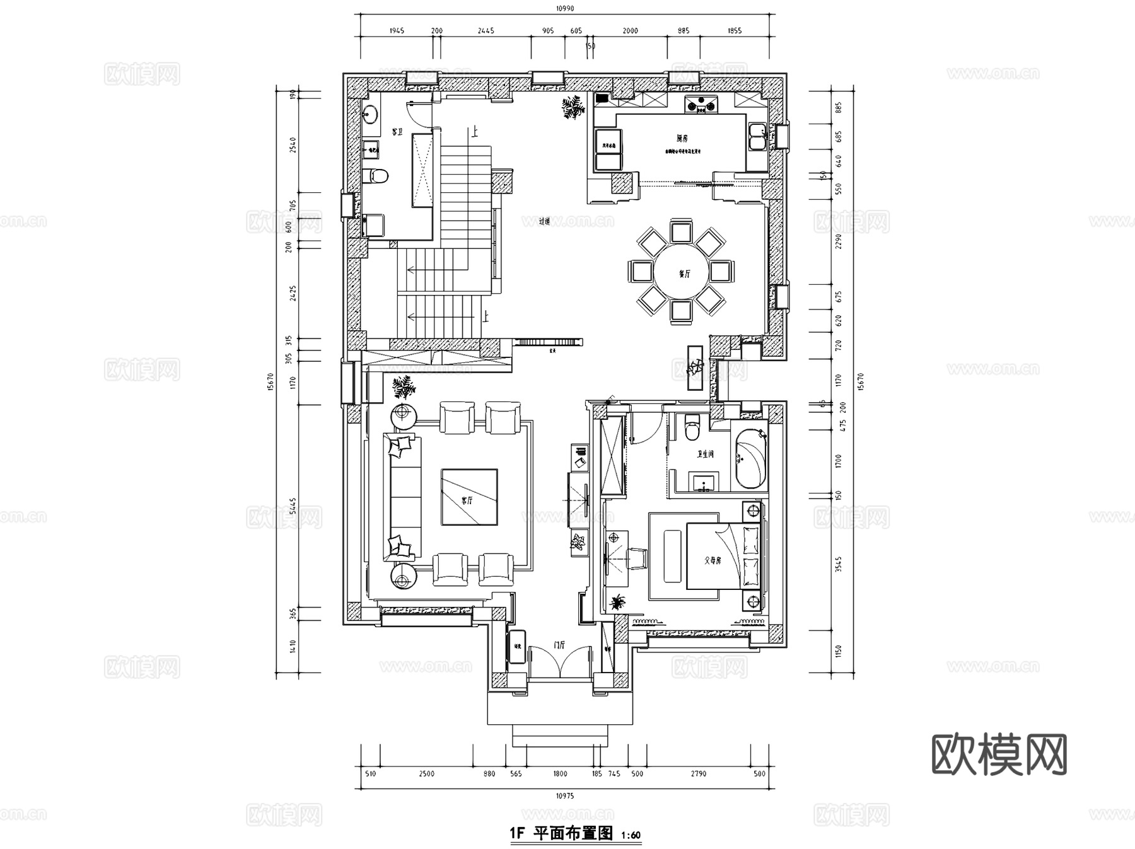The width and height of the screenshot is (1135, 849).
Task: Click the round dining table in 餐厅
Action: tap(682, 273)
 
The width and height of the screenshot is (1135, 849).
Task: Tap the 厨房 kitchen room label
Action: tap(682, 138)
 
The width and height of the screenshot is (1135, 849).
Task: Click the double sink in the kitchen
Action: tap(757, 137)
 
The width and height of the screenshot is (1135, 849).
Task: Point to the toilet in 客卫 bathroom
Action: tap(377, 175)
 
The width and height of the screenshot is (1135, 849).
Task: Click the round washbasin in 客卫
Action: tap(370, 114)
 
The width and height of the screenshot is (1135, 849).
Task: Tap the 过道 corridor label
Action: tap(545, 221)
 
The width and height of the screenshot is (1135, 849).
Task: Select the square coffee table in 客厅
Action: tap(469, 497)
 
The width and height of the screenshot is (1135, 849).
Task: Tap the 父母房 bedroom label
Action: tap(713, 560)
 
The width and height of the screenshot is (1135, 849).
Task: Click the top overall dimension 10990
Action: tap(565, 8)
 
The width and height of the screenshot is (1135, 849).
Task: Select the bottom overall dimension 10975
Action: tap(565, 796)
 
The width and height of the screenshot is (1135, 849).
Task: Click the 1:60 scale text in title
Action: tap(631, 836)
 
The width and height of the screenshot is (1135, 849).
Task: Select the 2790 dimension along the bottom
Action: tap(698, 773)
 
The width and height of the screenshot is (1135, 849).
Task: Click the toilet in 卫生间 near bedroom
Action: tap(692, 428)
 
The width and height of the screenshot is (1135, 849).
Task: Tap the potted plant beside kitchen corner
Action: tap(573, 107)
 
